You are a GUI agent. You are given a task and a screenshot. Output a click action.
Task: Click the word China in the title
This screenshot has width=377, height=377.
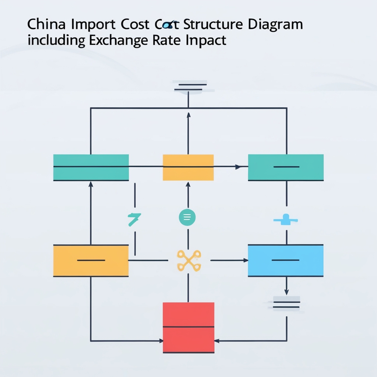click(43, 25)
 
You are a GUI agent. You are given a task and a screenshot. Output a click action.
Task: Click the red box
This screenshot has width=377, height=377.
click(188, 327)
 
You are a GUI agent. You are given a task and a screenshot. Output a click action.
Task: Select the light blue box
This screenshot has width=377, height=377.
click(286, 260)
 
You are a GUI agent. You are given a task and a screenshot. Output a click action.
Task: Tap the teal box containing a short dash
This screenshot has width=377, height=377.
click(286, 168)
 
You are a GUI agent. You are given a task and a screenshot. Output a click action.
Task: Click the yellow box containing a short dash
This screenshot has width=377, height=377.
click(91, 260)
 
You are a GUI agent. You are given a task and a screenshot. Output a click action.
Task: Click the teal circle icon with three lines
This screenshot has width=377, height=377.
click(187, 218)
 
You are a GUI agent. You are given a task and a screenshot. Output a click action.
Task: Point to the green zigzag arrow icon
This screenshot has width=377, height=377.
click(134, 219)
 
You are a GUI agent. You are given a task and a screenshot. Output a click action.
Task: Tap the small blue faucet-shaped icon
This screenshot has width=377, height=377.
click(286, 221)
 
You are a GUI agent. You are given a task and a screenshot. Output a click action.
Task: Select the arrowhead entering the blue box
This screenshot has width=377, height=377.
click(246, 260)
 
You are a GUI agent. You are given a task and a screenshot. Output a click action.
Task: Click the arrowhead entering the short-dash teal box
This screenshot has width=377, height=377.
click(238, 167)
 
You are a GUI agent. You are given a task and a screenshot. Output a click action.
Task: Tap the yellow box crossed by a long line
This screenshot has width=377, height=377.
click(188, 168)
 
